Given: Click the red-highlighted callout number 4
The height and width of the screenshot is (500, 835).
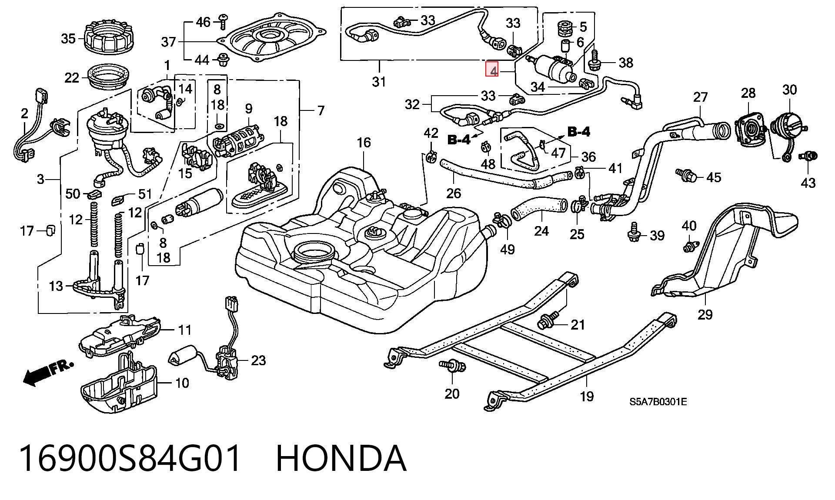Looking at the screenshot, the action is coord(492,70).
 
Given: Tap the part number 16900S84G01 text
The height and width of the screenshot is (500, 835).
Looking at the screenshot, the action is coord(130,459).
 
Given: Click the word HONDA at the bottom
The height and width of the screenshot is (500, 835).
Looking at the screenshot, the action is coord(341,459).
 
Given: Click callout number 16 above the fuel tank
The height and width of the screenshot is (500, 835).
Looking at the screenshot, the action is coord(364,143).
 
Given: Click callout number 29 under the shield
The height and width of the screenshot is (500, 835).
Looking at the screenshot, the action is coord(705,314).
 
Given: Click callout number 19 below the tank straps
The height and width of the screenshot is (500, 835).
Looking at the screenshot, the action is coord(587,397).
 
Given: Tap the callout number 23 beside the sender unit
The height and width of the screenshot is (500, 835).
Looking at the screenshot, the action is coord(258,360).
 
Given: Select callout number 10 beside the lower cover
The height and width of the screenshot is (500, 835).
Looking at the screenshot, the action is coord(182,383).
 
